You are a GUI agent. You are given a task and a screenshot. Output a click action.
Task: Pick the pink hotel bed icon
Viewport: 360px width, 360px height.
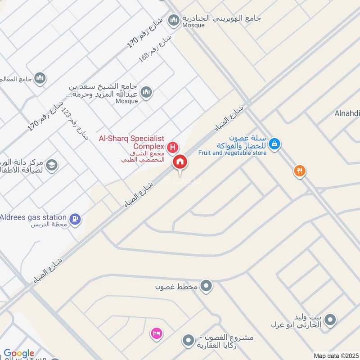point(156,333)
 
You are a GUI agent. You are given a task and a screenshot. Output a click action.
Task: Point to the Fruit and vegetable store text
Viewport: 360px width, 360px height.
point(232,153)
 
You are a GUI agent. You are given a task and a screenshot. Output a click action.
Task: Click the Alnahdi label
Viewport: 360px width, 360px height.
point(347,113)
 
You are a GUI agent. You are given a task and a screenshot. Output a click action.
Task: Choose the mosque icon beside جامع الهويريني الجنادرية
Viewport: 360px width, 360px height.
point(173,20)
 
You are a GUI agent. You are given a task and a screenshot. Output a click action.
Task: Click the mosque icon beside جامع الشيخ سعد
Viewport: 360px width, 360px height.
point(146,93)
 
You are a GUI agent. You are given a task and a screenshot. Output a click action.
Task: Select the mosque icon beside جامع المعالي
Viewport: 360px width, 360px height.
point(40,79)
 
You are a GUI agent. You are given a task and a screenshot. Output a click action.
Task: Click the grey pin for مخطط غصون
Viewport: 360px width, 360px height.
point(206,286)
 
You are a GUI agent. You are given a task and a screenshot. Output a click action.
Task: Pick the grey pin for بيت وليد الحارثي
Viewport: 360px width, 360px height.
point(330,320)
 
